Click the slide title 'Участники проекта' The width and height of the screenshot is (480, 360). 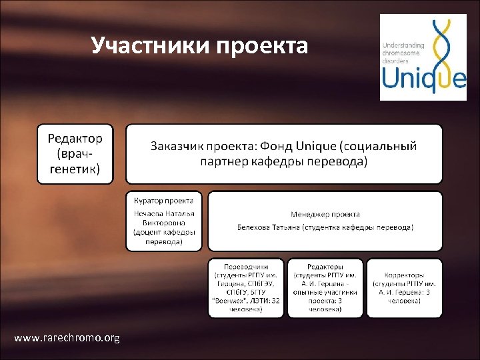[199, 46]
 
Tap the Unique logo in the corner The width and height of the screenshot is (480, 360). [423, 57]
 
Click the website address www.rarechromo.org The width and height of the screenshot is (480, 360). [67, 338]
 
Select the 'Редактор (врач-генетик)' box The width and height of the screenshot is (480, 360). [75, 154]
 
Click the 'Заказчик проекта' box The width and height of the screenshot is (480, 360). [284, 154]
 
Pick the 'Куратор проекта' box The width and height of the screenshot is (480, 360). [164, 221]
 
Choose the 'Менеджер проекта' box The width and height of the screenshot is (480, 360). [325, 221]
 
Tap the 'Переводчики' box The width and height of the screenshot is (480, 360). [245, 287]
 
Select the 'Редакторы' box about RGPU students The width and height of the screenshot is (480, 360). [325, 287]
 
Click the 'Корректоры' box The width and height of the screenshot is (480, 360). [404, 287]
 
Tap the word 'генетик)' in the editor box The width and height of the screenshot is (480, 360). [75, 169]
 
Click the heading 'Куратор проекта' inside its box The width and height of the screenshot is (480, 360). [164, 200]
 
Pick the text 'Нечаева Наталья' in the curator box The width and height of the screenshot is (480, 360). [164, 213]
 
